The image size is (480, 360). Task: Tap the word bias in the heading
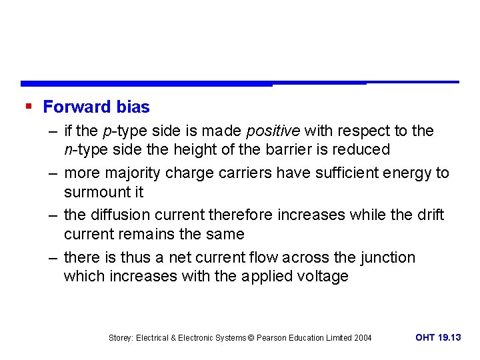[x=133, y=107]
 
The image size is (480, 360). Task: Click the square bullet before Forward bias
[x=28, y=106]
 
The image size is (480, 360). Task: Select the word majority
[x=133, y=173]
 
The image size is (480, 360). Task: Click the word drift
[x=429, y=215]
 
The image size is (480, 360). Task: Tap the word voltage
[x=321, y=276]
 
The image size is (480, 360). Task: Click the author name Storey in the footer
[x=121, y=338]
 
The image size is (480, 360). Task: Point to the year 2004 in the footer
[x=363, y=338]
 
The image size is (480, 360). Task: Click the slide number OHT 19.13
[x=438, y=337]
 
